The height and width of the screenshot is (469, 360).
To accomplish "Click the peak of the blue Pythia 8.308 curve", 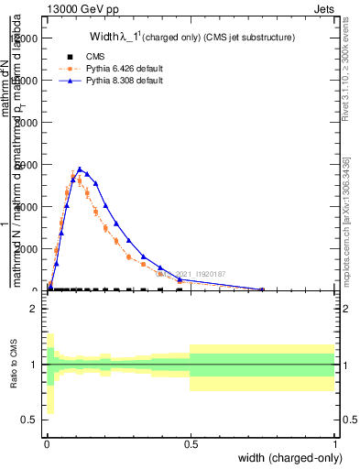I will click(82, 169).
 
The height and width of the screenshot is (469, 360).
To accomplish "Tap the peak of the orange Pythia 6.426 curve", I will click(73, 176).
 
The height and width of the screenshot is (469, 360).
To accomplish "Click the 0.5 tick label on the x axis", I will click(191, 443).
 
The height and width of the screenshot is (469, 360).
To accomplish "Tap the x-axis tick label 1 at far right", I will click(335, 443).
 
